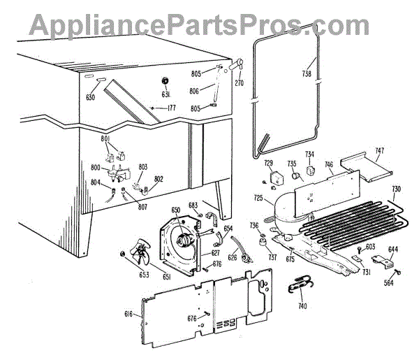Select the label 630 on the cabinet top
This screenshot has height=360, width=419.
click(91, 97)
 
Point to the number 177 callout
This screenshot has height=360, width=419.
click(171, 108)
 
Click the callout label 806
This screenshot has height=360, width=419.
click(195, 90)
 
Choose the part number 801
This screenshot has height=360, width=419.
click(105, 140)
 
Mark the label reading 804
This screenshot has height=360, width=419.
click(96, 183)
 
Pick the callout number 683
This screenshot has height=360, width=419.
click(193, 205)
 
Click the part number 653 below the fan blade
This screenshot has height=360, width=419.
click(125, 275)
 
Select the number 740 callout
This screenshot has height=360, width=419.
click(301, 305)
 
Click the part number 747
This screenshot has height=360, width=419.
click(380, 150)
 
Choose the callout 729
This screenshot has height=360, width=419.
click(268, 163)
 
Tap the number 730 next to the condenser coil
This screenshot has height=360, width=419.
click(395, 189)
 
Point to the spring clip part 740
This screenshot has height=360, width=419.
click(301, 285)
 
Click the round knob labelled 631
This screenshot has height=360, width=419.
click(166, 80)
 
